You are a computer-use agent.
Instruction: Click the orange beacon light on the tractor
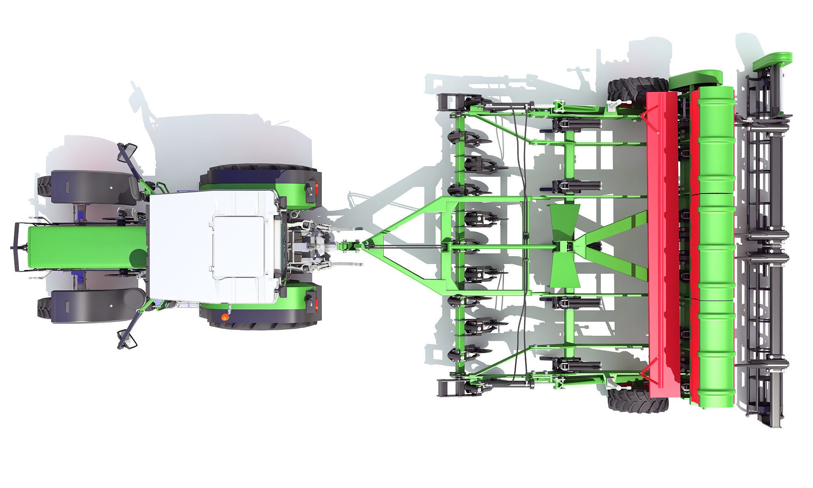point(224,316)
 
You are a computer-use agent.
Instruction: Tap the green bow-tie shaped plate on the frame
point(564,246)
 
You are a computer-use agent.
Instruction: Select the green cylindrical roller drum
point(715,244)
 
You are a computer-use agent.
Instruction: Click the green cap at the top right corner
point(772,60)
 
